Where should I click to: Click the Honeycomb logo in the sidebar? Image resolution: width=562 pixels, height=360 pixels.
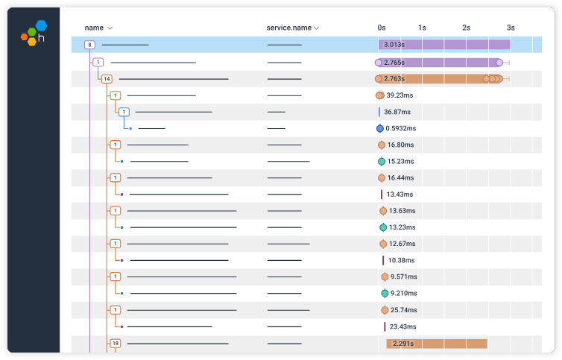(33, 33)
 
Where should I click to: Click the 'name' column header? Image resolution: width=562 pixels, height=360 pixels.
(94, 28)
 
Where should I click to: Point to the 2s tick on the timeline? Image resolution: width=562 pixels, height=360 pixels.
(466, 28)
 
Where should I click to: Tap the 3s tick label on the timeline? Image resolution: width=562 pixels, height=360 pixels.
(510, 28)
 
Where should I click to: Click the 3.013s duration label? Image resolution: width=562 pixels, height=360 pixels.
(394, 45)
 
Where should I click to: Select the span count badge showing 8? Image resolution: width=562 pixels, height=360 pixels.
(89, 45)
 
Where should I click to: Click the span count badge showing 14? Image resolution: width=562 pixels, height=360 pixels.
(107, 78)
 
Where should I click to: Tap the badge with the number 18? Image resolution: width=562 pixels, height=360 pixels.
(115, 343)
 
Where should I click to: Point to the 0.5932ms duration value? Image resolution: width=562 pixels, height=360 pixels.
(402, 128)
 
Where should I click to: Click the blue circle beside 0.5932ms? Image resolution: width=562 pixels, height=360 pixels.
(380, 128)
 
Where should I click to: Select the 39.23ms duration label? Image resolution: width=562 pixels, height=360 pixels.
(400, 95)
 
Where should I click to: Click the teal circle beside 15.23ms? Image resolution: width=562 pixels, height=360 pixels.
(382, 161)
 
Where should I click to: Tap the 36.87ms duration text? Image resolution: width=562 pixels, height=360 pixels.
(397, 112)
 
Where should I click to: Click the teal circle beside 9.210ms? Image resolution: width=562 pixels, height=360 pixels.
(385, 293)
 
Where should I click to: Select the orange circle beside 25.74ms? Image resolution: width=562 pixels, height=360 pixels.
(385, 309)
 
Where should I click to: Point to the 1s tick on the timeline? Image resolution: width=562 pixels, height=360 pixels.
(422, 28)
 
